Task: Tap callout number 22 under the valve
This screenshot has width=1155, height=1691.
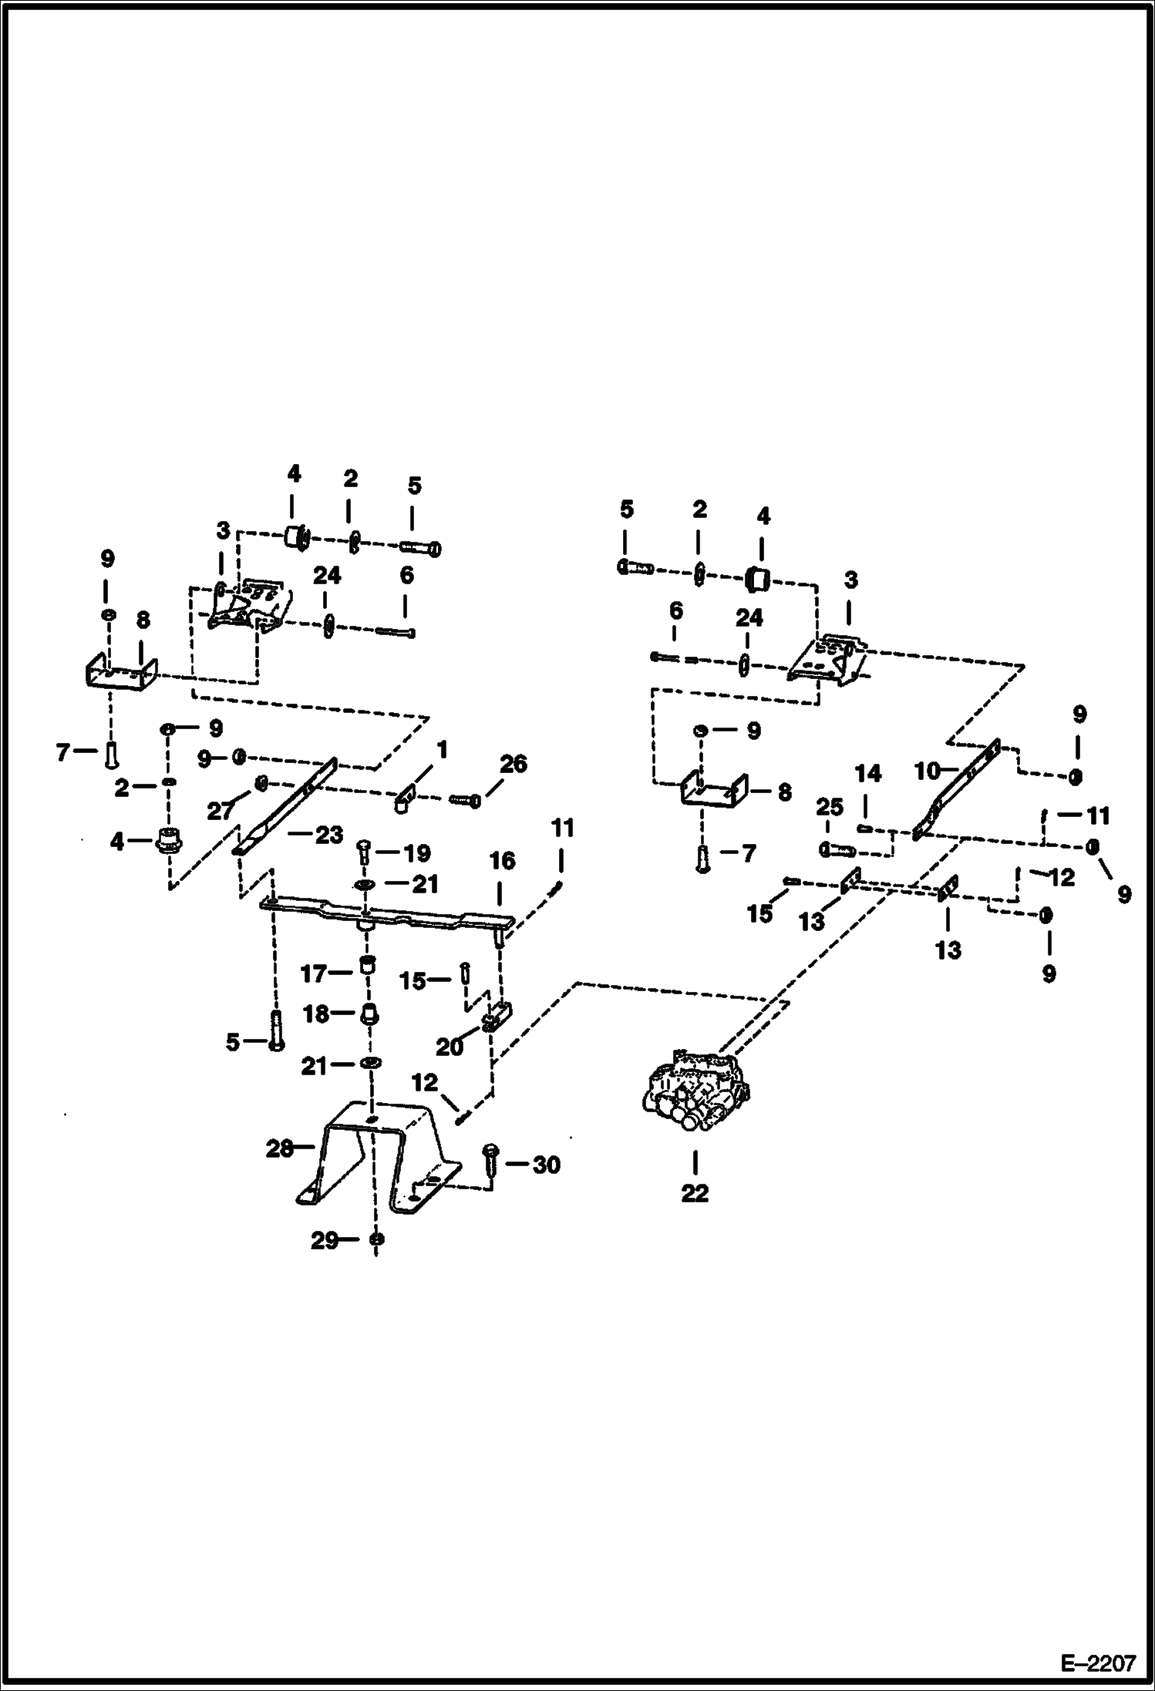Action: click(694, 1193)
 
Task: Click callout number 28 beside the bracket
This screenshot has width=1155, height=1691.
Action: click(279, 1149)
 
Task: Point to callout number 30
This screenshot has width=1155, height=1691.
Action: click(546, 1165)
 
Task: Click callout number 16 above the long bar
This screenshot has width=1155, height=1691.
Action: click(502, 860)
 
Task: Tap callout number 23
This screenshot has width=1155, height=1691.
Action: click(328, 835)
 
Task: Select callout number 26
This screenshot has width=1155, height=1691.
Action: click(514, 764)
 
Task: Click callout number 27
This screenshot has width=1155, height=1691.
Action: click(221, 811)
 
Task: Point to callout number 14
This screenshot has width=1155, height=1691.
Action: click(868, 773)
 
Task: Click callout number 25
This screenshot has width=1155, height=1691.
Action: click(829, 808)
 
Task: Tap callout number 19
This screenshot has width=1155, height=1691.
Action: click(416, 853)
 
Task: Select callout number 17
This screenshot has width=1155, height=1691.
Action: click(314, 974)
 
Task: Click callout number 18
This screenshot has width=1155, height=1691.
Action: click(316, 1014)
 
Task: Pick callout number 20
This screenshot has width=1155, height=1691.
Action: click(450, 1047)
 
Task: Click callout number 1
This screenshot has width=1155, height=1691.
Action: click(442, 750)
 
